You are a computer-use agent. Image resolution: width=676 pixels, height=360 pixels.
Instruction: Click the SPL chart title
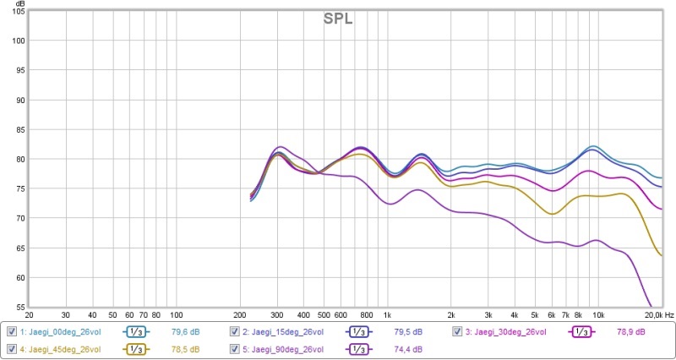337,19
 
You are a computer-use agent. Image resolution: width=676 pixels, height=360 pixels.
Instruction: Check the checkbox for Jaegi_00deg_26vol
12,331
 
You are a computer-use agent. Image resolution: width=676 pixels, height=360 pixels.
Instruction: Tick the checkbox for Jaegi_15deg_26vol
235,331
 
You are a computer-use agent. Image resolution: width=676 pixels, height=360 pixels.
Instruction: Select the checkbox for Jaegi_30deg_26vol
458,331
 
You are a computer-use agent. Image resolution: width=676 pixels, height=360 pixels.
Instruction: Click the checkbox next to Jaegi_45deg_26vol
12,349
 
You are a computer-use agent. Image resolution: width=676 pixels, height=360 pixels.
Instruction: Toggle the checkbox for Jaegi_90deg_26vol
235,349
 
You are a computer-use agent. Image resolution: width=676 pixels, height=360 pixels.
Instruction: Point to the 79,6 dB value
186,331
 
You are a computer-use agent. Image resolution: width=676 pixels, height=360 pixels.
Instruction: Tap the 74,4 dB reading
409,349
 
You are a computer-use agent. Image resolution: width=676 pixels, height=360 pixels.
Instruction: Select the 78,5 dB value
186,349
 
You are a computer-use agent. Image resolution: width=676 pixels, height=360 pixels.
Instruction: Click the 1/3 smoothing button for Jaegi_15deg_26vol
358,331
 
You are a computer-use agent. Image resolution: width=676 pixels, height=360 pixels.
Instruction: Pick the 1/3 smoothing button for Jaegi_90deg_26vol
358,349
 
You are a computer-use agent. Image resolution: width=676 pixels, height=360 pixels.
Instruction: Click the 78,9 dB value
632,331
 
